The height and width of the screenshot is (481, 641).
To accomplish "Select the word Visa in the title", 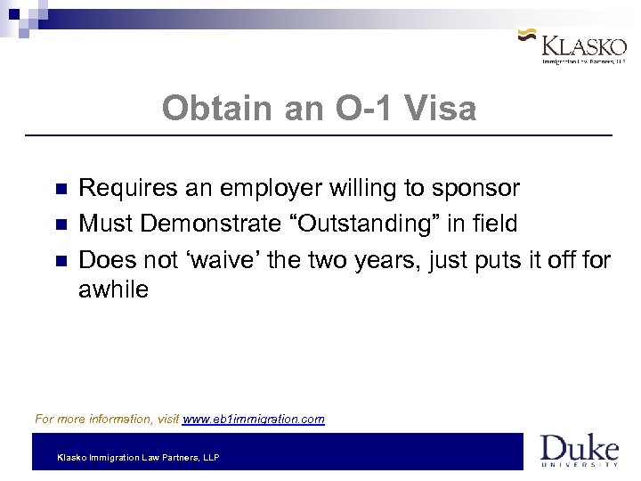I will (x=441, y=110).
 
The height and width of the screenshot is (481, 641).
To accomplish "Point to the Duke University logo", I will (x=580, y=451).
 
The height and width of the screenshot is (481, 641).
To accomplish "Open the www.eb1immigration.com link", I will (x=254, y=418).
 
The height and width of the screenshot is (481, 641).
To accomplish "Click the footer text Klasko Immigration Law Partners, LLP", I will (x=138, y=457).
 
